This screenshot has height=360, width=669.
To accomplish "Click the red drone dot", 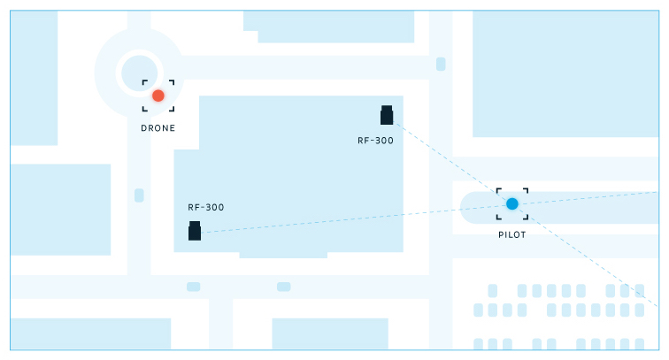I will tap(158, 96).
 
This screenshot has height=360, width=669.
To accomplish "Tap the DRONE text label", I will tap(158, 128).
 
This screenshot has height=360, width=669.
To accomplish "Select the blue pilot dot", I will tap(511, 203).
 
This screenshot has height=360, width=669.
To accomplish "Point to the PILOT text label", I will tap(511, 235).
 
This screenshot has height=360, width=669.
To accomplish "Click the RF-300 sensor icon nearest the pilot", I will tap(387, 116).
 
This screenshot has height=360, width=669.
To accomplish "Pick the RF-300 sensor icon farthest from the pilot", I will tap(195, 231).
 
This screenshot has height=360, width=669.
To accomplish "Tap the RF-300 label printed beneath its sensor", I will tap(375, 141).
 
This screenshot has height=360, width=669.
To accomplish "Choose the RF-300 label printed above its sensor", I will tap(205, 207).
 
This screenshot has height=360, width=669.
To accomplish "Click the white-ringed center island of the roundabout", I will tap(138, 71).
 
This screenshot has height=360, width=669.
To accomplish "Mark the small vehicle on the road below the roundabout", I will tap(139, 195).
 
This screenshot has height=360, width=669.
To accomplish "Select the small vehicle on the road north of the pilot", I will tap(441, 64).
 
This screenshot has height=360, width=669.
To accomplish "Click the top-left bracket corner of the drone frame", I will tap(144, 82).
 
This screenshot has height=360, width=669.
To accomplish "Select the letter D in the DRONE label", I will tap(144, 128).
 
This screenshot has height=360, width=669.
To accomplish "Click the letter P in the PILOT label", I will tap(501, 235).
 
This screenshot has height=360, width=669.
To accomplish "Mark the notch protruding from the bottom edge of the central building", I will tap(283, 256).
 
